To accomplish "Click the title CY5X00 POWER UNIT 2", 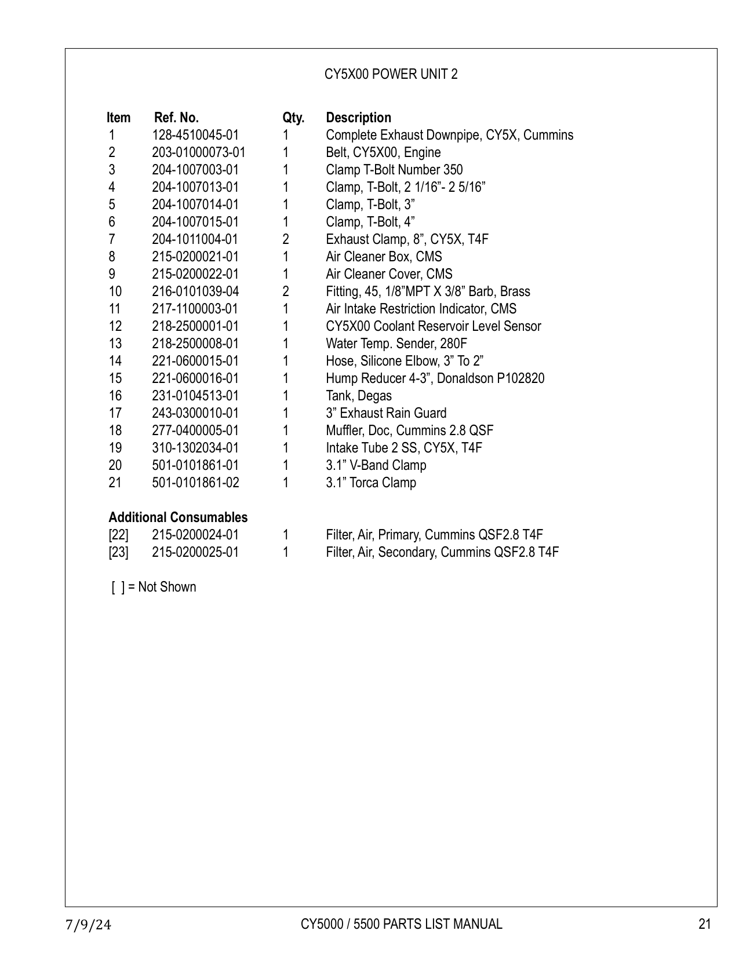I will [x=391, y=74].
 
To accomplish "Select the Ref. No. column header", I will [x=176, y=118].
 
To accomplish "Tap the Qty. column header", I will [x=293, y=118].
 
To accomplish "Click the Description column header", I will [x=358, y=118].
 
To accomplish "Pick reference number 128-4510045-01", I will [x=195, y=135].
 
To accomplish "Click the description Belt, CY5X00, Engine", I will [x=383, y=152].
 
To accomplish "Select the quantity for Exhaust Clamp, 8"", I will [x=286, y=239].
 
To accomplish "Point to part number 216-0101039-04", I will [x=195, y=291].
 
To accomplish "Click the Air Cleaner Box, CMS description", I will [x=384, y=257].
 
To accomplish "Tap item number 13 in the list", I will [x=115, y=344].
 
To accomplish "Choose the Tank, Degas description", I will [x=359, y=396].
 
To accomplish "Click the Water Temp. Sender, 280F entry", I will [x=396, y=344].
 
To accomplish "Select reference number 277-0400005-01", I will [x=195, y=430].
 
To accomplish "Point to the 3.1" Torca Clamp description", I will [x=371, y=483].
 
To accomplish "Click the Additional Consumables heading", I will [x=178, y=517].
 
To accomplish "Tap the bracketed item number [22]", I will [x=118, y=535].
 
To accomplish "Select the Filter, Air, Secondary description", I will [x=442, y=552].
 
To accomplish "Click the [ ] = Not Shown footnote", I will [x=154, y=587].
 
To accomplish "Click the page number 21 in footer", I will [x=704, y=924].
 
